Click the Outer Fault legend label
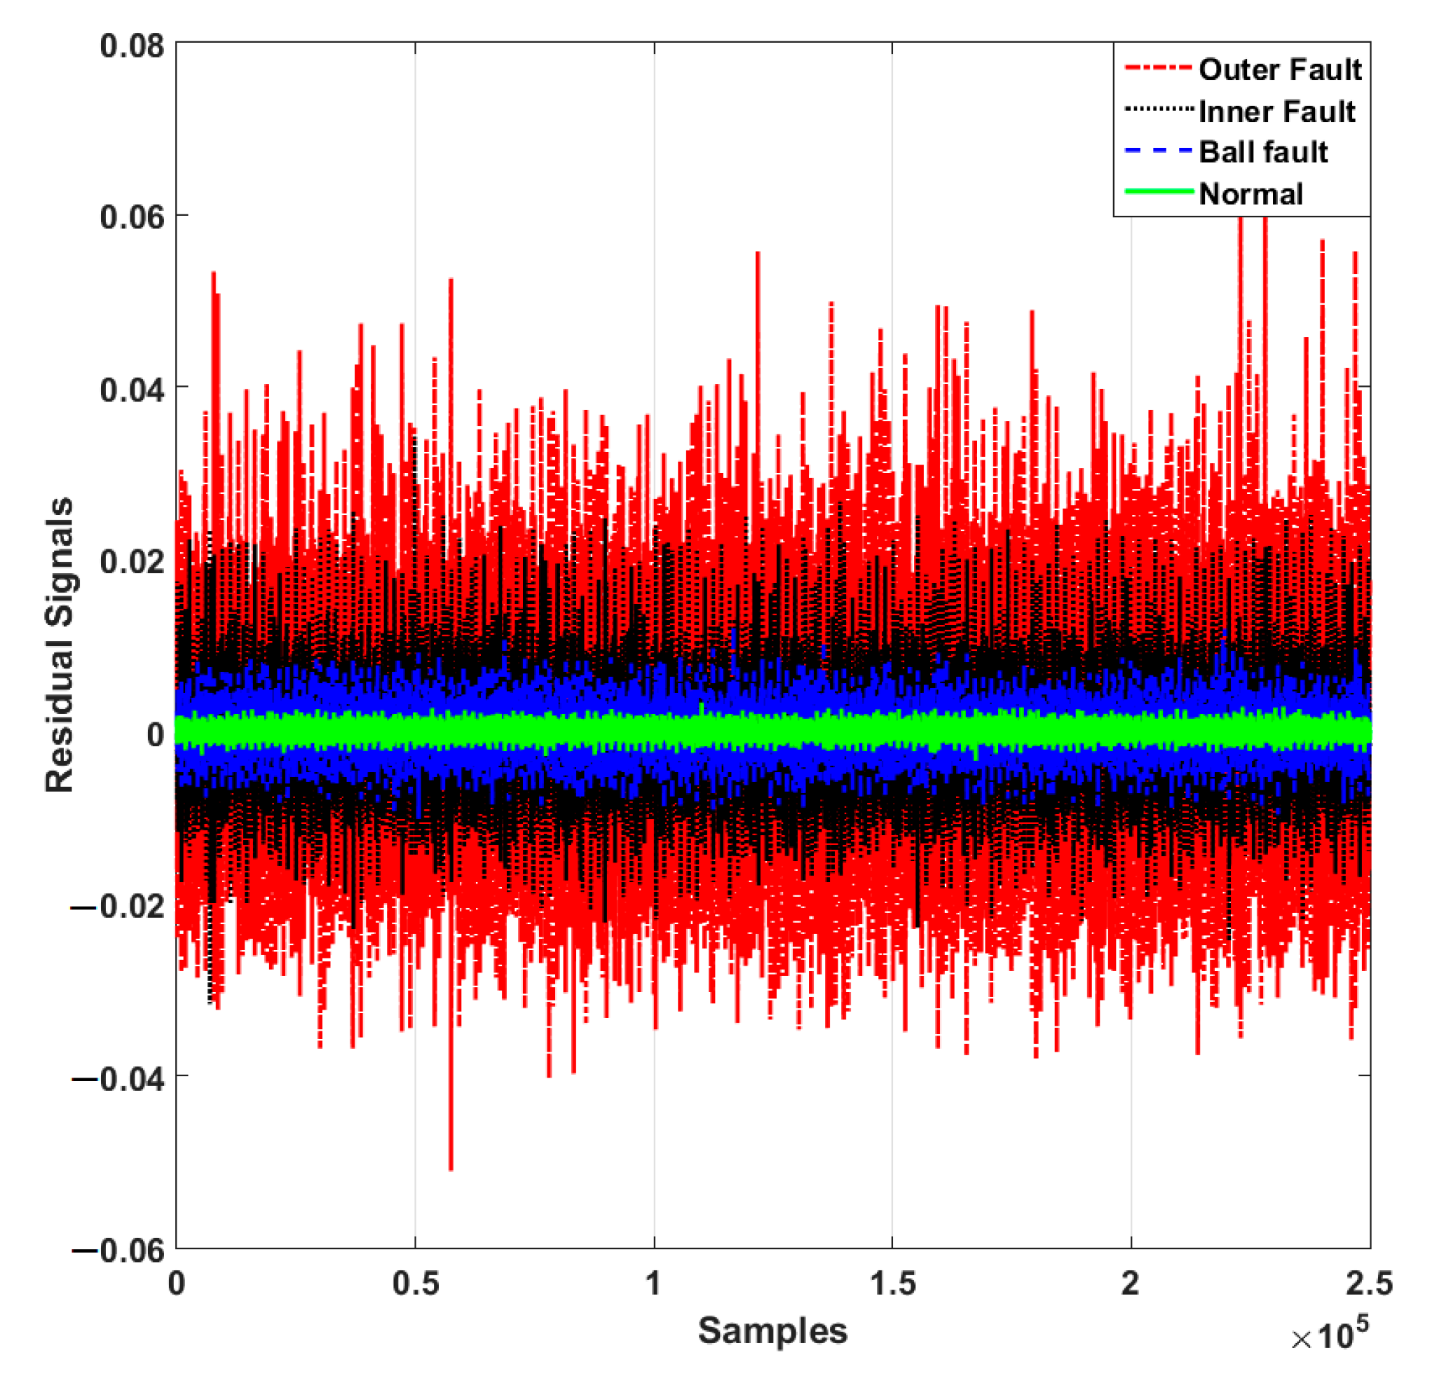[x=1280, y=70]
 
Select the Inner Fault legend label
[x=1276, y=112]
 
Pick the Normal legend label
[x=1250, y=194]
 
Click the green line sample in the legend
[x=1159, y=192]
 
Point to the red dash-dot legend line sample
[x=1159, y=68]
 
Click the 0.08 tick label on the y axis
[x=132, y=46]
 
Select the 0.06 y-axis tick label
[x=132, y=217]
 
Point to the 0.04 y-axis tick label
[x=132, y=389]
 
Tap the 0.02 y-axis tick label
[x=132, y=561]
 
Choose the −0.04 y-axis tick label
[x=119, y=1078]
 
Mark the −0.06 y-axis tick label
[x=119, y=1250]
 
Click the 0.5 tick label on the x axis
[x=416, y=1283]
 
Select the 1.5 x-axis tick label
[x=892, y=1283]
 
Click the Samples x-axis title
[x=772, y=1330]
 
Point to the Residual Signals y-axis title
[x=60, y=645]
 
